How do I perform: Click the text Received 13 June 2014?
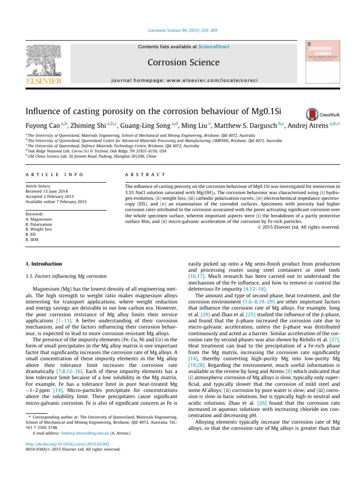point(52,191)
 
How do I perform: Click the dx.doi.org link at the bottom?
point(68,444)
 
